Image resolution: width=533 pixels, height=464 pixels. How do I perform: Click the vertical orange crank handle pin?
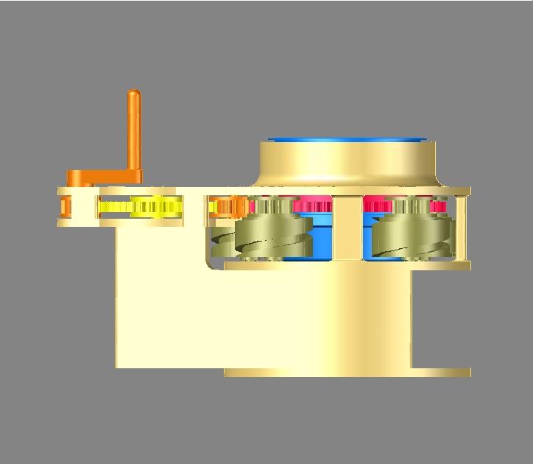tap(133, 133)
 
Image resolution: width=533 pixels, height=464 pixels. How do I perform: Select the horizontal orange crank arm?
tap(103, 177)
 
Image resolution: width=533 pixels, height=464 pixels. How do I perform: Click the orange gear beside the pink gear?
tap(230, 207)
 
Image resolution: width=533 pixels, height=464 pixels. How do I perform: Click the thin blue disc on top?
tap(346, 138)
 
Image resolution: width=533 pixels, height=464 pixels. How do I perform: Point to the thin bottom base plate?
tap(346, 372)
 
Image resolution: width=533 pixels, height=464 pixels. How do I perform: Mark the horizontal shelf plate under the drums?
tap(346, 265)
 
